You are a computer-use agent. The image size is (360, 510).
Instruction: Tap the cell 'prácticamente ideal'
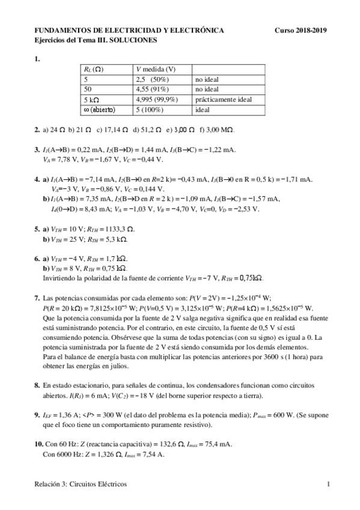point(222,99)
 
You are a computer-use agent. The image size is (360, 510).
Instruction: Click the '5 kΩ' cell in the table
point(92,99)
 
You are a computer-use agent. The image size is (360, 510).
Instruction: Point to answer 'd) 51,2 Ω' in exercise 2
point(147,129)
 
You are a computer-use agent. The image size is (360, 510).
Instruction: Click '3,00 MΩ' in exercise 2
point(219,129)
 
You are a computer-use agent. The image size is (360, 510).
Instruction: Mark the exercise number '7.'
point(37,297)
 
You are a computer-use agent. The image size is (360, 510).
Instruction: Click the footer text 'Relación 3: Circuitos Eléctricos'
point(81,484)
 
